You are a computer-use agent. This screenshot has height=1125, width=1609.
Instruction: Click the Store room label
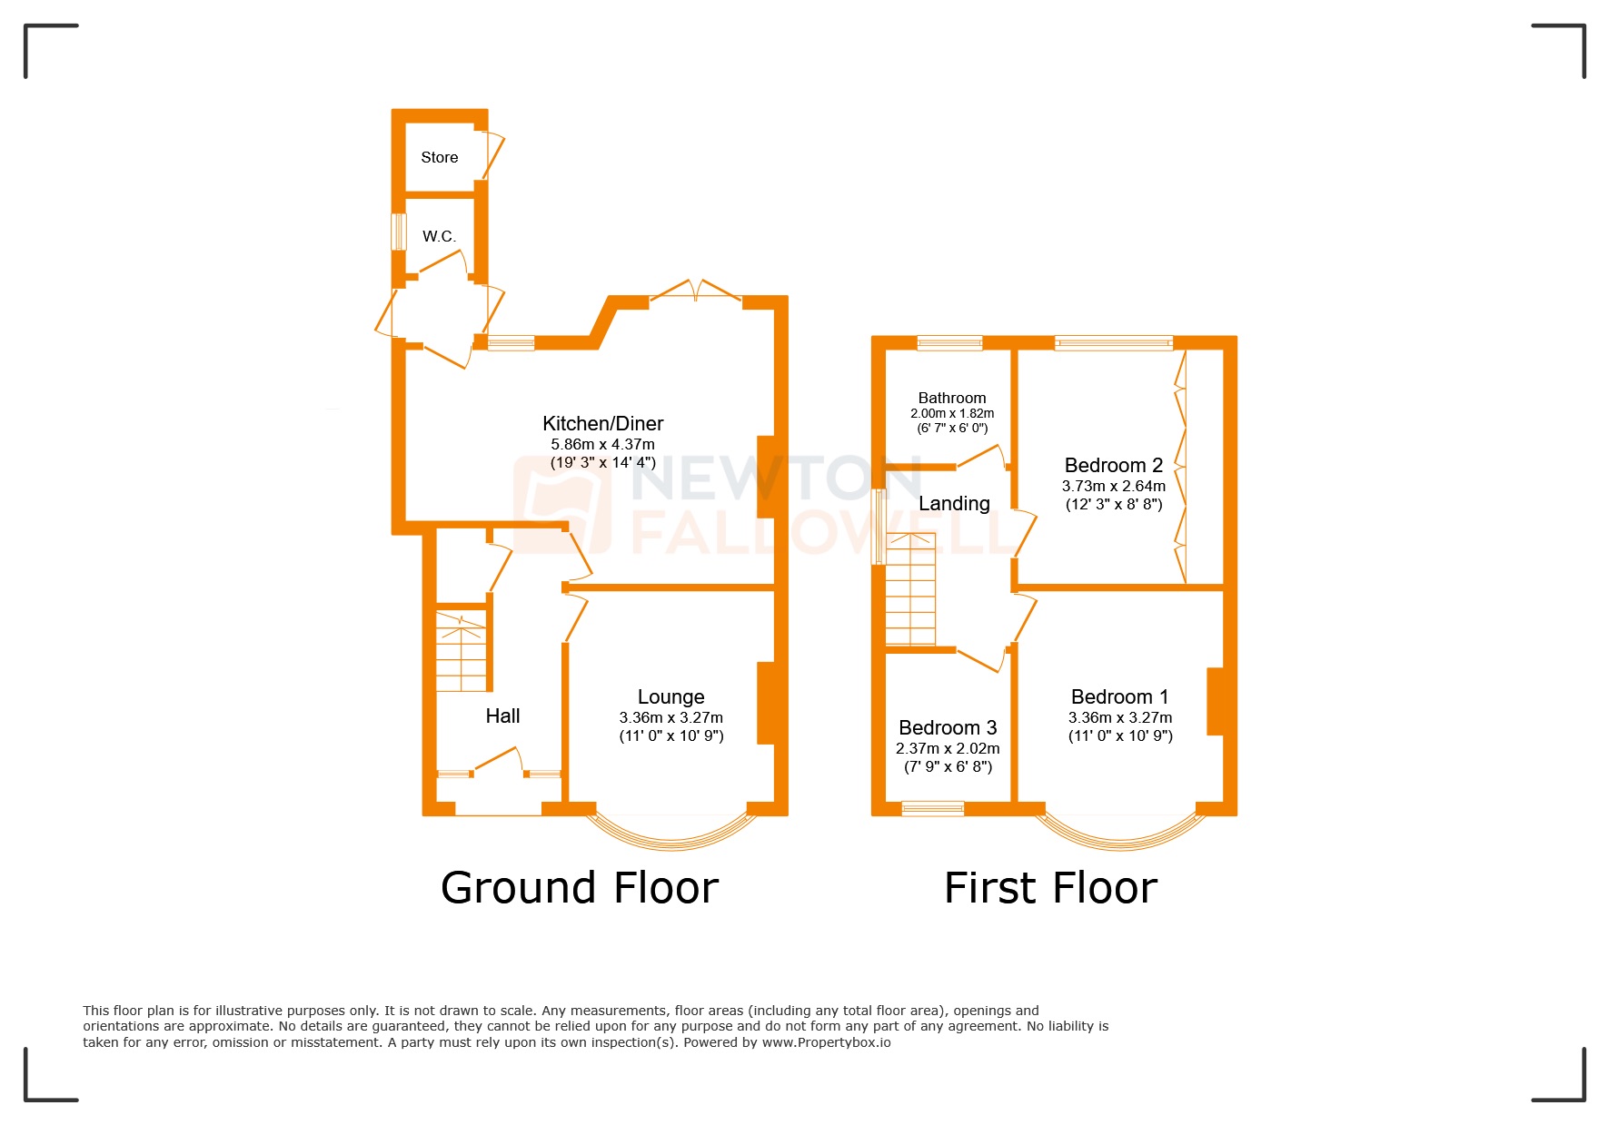tap(439, 157)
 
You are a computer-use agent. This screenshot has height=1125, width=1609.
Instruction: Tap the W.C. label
tap(438, 236)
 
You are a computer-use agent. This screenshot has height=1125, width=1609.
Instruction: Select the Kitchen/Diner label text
tap(602, 423)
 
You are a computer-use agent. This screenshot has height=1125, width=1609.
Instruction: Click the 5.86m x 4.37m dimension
tap(602, 444)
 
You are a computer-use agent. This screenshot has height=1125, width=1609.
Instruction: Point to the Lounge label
tap(670, 696)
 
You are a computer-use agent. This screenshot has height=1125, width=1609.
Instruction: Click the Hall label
tap(502, 715)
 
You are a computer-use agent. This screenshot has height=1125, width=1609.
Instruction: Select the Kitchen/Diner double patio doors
tap(696, 291)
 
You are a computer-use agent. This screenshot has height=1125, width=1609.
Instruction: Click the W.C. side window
tap(397, 232)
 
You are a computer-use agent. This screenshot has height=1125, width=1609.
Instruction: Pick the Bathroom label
tap(951, 398)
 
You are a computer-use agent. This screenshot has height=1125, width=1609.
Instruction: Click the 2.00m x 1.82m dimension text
tap(951, 413)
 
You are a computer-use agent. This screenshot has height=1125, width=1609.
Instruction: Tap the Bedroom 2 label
tap(1113, 465)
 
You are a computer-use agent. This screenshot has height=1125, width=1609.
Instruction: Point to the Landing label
tap(953, 503)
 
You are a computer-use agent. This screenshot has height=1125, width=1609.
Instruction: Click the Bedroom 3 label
tap(947, 727)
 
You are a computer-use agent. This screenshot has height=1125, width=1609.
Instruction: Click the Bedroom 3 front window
tap(932, 808)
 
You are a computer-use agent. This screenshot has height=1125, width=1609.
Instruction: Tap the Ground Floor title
tap(579, 887)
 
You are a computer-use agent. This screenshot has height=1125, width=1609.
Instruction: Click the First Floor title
tap(1050, 887)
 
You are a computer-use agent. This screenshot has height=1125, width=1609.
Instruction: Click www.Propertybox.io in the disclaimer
tap(826, 1042)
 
